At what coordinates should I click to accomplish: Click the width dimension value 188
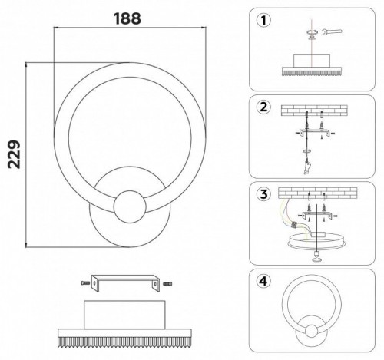point(127,18)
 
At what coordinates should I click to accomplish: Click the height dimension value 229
point(14,154)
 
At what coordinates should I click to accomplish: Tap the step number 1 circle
point(263,20)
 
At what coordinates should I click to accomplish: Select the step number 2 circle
point(263,107)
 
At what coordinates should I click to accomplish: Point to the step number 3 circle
point(263,194)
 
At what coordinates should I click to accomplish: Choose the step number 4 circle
point(263,281)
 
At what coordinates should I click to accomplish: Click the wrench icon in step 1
point(332,31)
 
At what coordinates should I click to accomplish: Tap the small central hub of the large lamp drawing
point(130,206)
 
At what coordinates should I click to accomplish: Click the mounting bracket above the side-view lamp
point(124,282)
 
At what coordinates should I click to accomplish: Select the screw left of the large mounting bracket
point(86,283)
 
